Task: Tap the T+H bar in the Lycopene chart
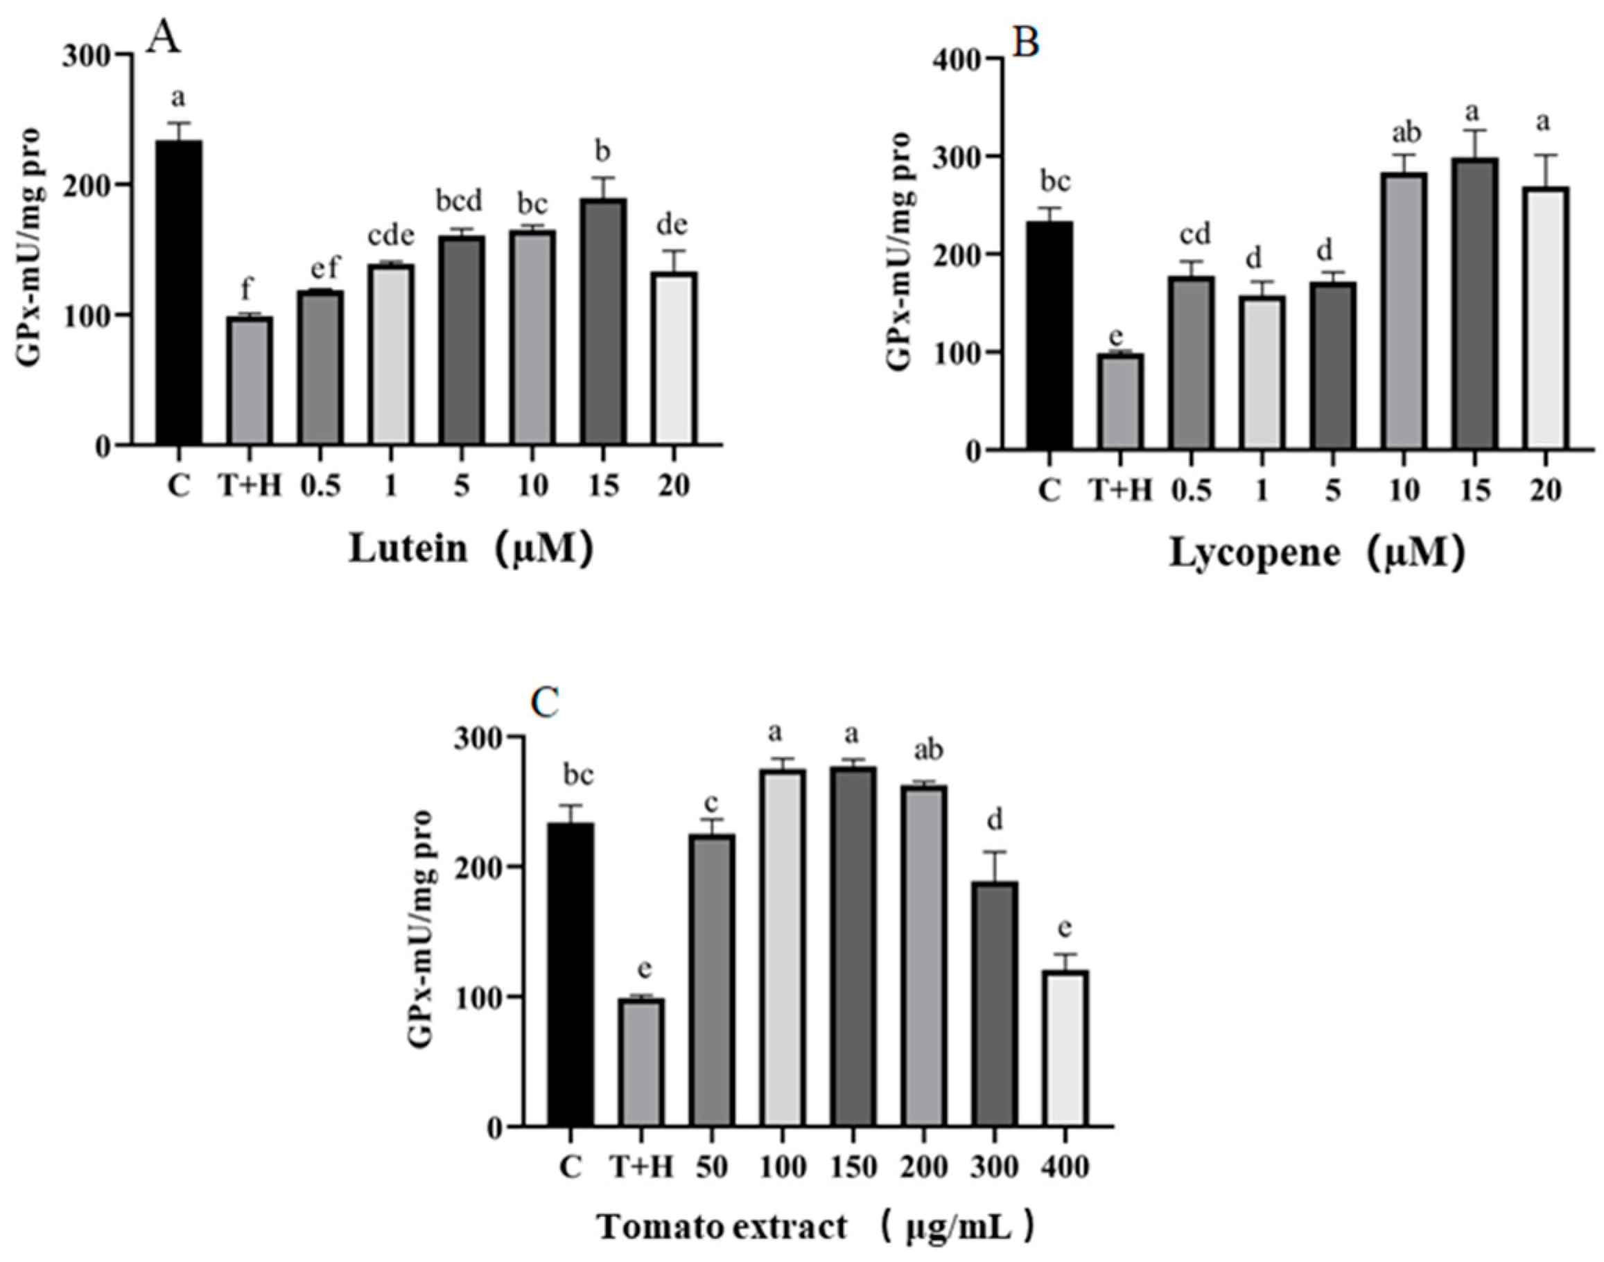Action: pos(1121,402)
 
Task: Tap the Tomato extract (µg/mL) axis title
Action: pos(815,1228)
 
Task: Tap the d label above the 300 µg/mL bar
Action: pos(995,822)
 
